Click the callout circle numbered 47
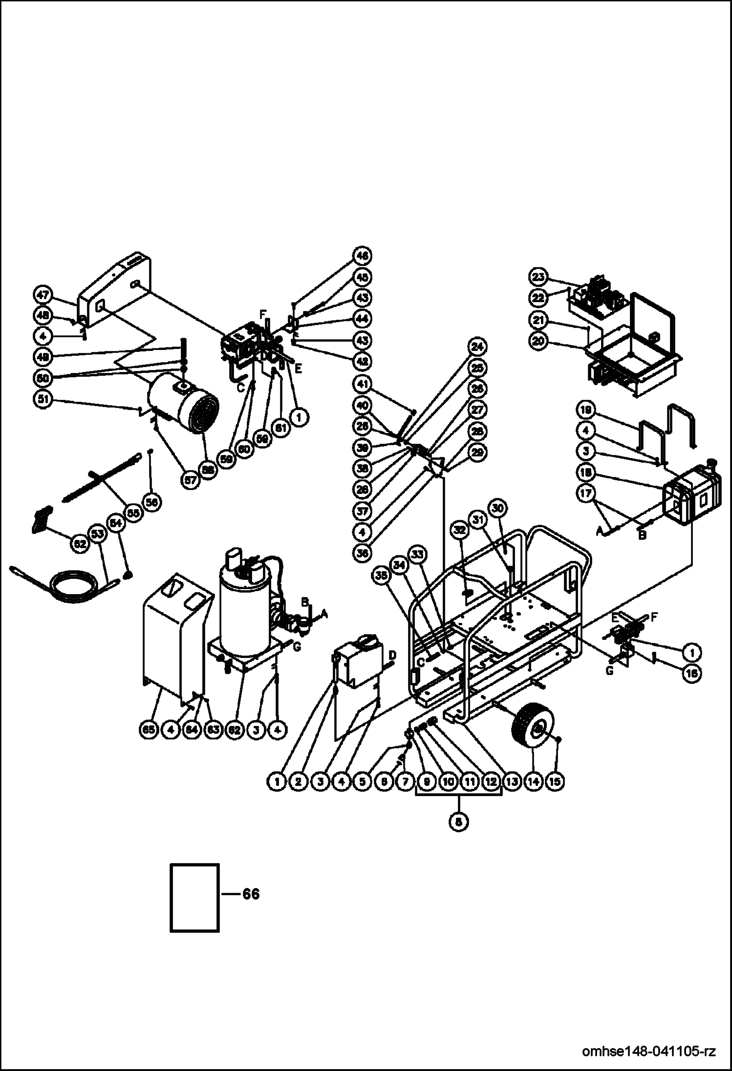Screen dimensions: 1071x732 tap(43, 295)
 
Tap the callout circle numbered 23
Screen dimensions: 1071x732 tap(538, 277)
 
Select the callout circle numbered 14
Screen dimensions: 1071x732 tap(534, 781)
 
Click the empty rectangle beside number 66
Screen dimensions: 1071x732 tap(194, 897)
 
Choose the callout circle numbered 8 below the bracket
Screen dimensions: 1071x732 tap(458, 821)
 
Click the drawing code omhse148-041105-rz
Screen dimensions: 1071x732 tap(649, 1050)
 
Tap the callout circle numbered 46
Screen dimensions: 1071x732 tap(362, 255)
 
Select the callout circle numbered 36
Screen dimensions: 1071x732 tap(362, 552)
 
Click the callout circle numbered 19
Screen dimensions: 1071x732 tap(586, 408)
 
